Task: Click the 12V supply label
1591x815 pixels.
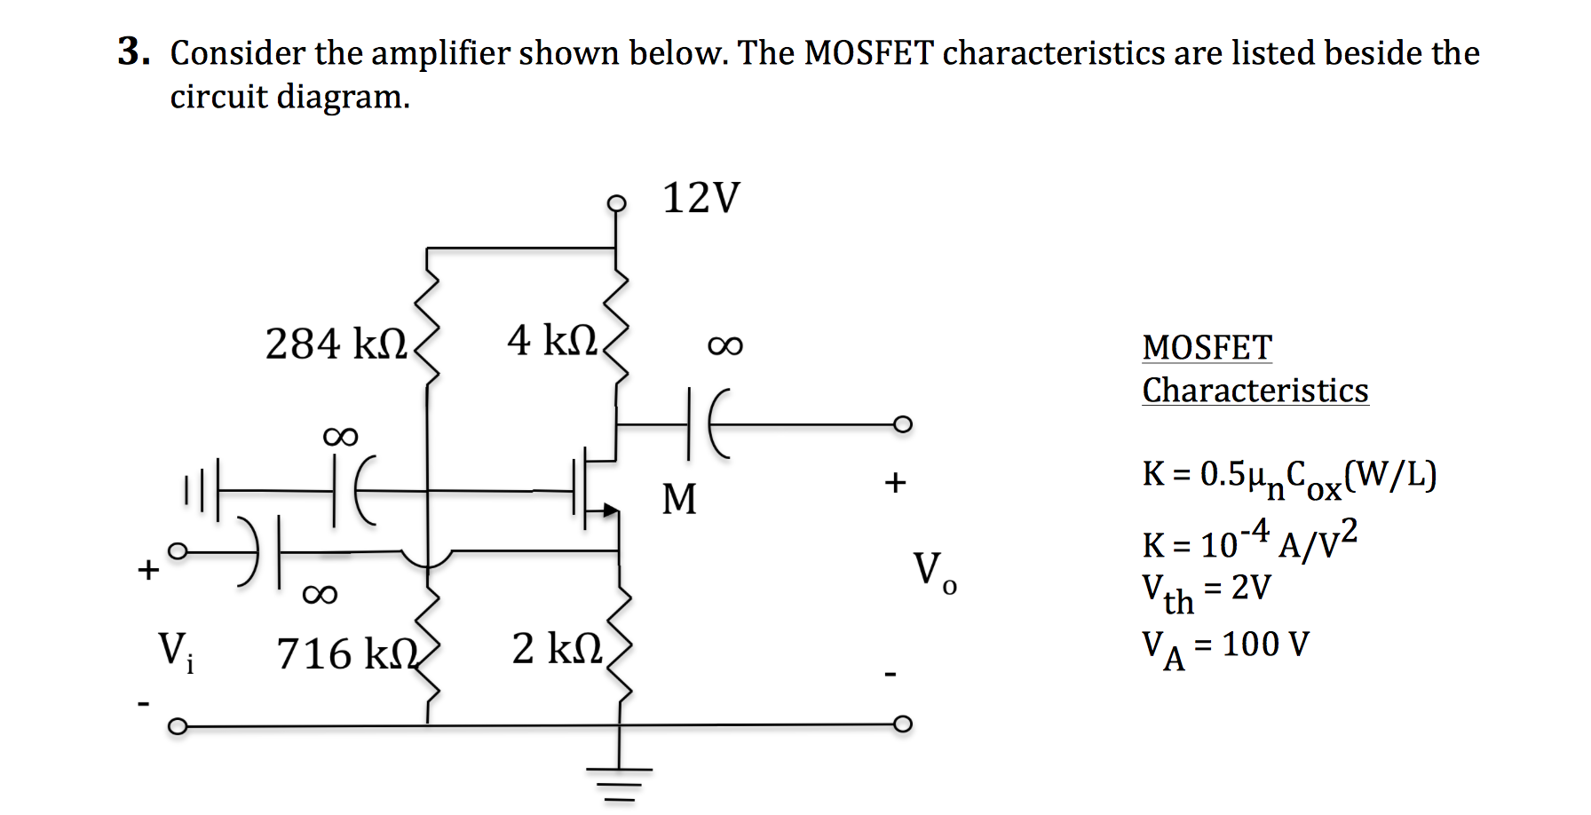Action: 701,198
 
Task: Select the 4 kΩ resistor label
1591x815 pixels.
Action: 552,341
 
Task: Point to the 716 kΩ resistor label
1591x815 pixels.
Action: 346,654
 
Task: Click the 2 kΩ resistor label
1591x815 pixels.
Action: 558,649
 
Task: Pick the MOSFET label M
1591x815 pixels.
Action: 679,499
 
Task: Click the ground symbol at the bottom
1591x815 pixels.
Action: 619,781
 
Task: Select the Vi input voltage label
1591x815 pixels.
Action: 175,652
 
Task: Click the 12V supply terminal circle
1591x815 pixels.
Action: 616,203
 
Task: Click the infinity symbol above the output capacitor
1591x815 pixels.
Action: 724,345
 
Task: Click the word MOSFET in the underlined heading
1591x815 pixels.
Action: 1207,347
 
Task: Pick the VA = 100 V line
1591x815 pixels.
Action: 1224,646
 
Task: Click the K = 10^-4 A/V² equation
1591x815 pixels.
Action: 1248,542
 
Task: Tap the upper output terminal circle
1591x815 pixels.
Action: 902,424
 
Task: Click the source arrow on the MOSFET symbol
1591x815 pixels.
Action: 609,510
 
